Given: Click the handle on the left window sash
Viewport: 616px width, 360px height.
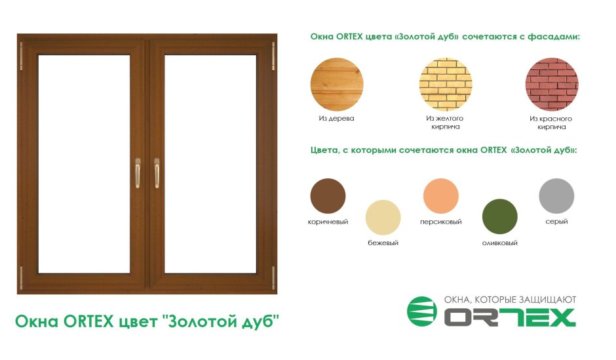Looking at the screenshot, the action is [138, 173].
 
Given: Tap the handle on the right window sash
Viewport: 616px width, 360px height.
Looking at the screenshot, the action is [157, 173].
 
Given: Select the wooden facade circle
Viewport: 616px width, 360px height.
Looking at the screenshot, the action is [337, 85].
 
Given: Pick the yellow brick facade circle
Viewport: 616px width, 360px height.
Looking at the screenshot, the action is [446, 85].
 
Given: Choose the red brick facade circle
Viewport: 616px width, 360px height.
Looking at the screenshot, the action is [552, 85].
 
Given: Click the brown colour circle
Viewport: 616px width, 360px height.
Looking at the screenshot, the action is [328, 196].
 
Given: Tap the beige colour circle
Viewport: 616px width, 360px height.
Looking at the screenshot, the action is [383, 217].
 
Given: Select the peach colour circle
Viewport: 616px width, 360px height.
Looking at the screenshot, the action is [441, 196].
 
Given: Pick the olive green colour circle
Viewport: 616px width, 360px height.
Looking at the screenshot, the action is [500, 216].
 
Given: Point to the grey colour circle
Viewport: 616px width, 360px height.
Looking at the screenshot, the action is [556, 196].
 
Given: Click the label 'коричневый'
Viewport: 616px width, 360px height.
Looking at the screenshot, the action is [328, 222].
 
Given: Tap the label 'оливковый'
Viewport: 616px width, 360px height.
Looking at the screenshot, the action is [500, 243].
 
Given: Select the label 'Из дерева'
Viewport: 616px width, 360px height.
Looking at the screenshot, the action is [336, 118].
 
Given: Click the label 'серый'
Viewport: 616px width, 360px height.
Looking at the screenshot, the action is [556, 222].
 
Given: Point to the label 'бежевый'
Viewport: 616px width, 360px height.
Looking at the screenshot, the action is [383, 243].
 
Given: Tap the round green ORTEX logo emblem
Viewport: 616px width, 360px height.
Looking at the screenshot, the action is [422, 311].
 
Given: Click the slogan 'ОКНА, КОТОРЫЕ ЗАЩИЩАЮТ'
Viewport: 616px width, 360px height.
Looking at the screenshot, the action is [510, 300].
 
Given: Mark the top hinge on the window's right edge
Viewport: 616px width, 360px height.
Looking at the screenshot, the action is [273, 56].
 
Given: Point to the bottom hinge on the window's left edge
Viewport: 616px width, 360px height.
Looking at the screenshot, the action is [21, 278].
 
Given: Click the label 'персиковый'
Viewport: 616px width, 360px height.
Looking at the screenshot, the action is [441, 222].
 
